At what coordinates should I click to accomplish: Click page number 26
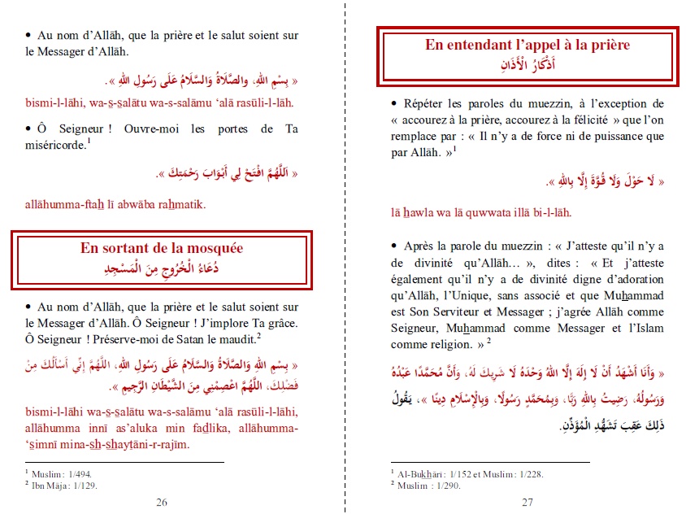tap(162, 503)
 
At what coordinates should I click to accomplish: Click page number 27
tap(528, 503)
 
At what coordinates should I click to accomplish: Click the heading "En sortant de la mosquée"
tap(161, 248)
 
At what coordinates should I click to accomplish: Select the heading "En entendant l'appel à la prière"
tap(528, 45)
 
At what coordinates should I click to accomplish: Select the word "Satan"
tap(190, 338)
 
